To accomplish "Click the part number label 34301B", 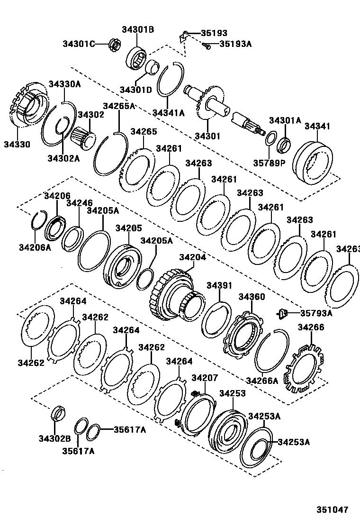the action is (x=138, y=29).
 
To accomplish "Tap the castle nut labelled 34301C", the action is (x=115, y=44).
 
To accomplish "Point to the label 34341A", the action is (x=168, y=113).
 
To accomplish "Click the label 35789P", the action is (x=269, y=163).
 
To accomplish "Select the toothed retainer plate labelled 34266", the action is (x=304, y=368).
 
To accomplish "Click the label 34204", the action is (x=192, y=257).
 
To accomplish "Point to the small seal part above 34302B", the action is (x=58, y=413).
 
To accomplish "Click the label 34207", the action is (x=205, y=378).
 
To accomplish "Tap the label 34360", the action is (x=252, y=297).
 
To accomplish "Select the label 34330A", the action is (x=64, y=84).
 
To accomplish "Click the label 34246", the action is (x=79, y=203).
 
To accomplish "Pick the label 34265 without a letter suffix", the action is (x=144, y=131).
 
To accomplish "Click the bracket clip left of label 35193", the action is (x=183, y=36).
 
